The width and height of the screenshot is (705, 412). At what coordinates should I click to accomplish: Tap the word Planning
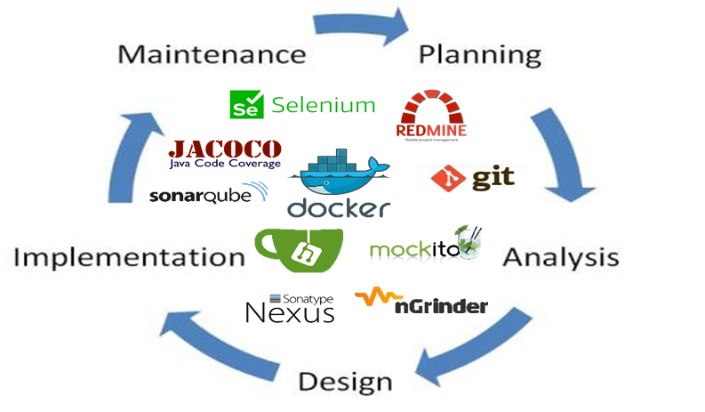480,55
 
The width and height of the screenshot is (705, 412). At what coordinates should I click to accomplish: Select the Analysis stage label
560,258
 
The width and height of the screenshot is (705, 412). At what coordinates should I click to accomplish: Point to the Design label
345,382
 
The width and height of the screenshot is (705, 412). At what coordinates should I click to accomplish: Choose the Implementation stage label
130,258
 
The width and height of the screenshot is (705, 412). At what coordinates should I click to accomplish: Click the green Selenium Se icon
245,105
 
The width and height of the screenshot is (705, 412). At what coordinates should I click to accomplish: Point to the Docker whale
338,174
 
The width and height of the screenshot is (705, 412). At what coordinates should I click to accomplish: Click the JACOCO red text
225,149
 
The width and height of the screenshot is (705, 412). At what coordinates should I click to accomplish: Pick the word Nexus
290,312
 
